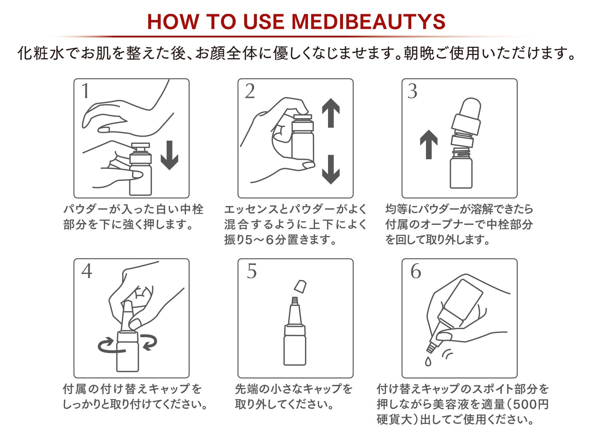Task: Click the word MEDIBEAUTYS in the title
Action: pos(368,21)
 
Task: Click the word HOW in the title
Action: pos(173,21)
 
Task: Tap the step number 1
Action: pos(85,91)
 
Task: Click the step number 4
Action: pos(87,271)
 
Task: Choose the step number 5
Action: pos(252,271)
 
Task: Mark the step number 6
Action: pos(416,271)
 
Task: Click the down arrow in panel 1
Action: pos(169,155)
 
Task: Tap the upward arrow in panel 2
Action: pos(331,113)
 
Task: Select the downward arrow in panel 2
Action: pos(331,169)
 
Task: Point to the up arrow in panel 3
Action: pos(429,144)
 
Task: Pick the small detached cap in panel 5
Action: pos(300,286)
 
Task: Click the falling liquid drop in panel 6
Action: pos(428,361)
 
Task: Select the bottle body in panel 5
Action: pos(295,349)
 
